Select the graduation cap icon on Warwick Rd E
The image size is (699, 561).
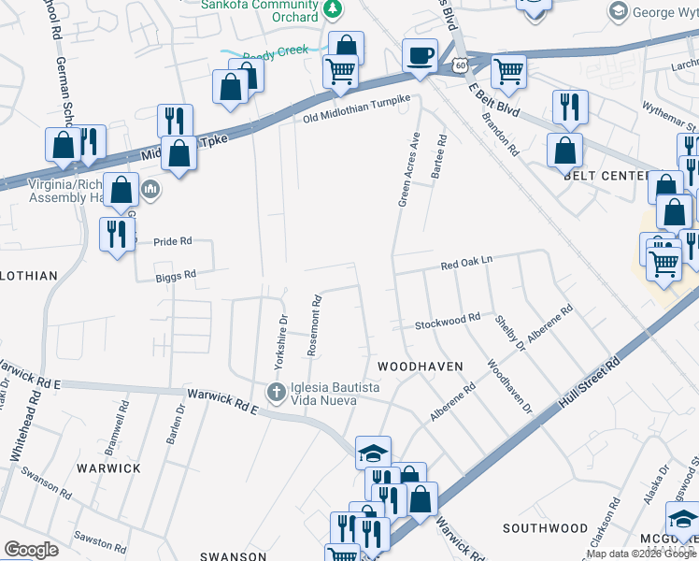coord(373,453)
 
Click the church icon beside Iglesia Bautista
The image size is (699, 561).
coord(276,391)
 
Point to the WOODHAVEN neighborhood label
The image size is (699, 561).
coord(421,367)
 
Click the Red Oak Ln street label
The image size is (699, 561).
coord(466,266)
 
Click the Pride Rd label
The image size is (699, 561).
coord(172,240)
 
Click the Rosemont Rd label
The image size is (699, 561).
coord(316,326)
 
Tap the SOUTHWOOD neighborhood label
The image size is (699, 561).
coord(545,528)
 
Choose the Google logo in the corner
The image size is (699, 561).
coord(31,550)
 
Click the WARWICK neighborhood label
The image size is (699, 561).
coord(108,467)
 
